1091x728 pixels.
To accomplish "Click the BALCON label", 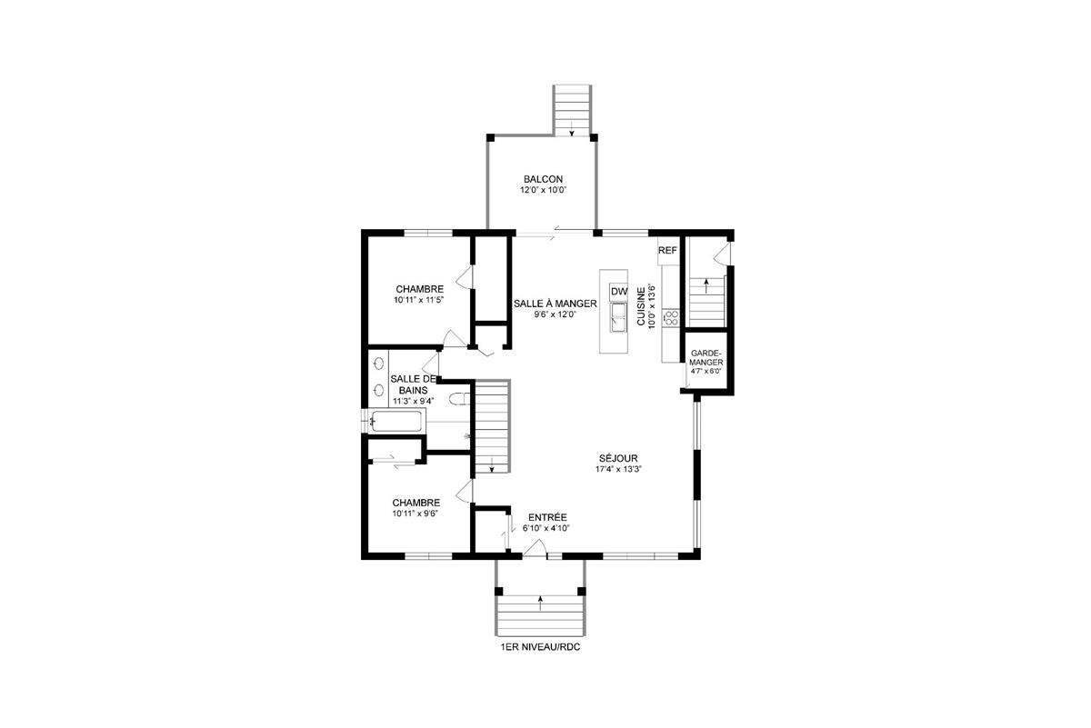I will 544,179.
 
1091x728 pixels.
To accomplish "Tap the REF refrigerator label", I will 668,250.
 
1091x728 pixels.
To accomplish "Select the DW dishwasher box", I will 619,291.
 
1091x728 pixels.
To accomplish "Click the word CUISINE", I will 642,307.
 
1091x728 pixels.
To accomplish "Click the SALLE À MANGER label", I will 555,304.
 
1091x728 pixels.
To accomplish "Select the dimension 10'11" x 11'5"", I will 419,300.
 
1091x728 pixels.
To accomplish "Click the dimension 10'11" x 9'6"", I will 416,514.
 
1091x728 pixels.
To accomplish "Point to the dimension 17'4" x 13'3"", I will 618,470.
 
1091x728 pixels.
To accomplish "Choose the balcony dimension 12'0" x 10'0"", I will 544,191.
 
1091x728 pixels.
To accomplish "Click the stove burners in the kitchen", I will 672,317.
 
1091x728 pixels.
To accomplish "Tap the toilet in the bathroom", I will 459,397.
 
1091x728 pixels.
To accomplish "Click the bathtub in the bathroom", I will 397,422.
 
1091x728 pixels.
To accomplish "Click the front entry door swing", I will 535,546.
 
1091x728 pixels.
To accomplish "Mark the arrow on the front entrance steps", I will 541,599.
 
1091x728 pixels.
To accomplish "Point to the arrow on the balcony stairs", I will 572,133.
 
